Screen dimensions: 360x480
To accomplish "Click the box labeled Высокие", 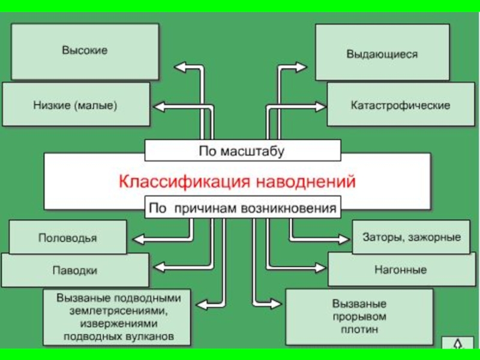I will (85, 51).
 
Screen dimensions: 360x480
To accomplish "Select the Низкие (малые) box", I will (76, 104).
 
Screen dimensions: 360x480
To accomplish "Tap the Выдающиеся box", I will (382, 53).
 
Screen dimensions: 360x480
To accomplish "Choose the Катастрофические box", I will (400, 104).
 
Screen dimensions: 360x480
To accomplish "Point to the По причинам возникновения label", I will (243, 209).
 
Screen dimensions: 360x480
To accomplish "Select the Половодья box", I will (68, 237).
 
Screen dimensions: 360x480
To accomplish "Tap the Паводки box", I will (74, 270).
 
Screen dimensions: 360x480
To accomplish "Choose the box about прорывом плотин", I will (359, 317).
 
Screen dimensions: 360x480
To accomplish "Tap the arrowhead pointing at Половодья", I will (137, 239).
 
